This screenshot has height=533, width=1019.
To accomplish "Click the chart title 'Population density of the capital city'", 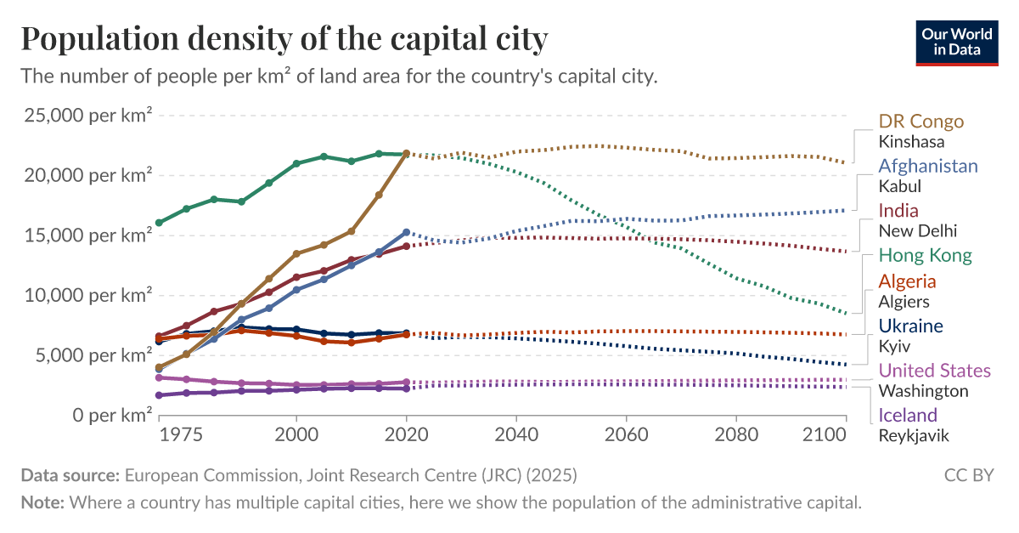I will pyautogui.click(x=284, y=39).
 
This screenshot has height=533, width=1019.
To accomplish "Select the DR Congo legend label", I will pyautogui.click(x=921, y=121).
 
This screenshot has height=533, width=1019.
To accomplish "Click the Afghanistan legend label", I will pyautogui.click(x=928, y=166).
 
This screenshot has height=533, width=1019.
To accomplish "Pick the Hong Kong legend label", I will pyautogui.click(x=925, y=255).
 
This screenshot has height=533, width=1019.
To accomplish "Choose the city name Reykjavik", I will pyautogui.click(x=914, y=435).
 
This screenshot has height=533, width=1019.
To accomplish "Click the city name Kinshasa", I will pyautogui.click(x=911, y=141).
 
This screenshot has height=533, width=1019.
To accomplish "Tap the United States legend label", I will pyautogui.click(x=934, y=371).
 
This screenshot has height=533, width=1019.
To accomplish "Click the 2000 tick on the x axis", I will pyautogui.click(x=296, y=433).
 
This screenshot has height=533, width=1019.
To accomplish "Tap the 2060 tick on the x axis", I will pyautogui.click(x=626, y=433).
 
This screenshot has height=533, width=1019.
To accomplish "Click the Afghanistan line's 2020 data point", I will pyautogui.click(x=406, y=232).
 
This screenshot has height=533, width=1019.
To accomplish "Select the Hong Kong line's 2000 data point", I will pyautogui.click(x=296, y=163).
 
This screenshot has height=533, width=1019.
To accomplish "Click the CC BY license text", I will pyautogui.click(x=969, y=474).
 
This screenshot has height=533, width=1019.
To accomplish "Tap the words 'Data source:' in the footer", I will pyautogui.click(x=70, y=474).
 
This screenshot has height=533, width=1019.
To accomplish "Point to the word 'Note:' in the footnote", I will pyautogui.click(x=42, y=502).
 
